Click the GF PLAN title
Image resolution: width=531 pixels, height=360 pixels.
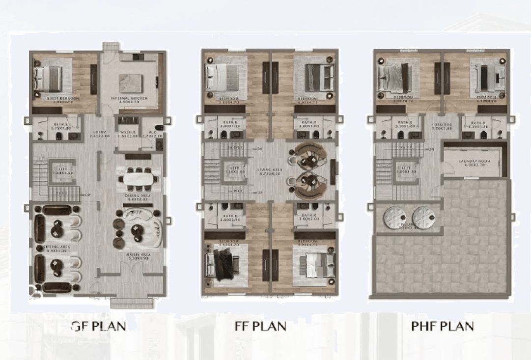[x=98, y=326]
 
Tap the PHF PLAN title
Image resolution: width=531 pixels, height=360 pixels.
[x=443, y=326]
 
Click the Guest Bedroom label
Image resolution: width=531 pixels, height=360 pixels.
[x=63, y=99]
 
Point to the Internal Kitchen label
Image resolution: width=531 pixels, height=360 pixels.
[x=131, y=99]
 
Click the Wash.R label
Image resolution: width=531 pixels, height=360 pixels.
[x=126, y=132]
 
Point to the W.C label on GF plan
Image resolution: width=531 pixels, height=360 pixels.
[x=152, y=132]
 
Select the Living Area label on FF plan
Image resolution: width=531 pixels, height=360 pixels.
[x=269, y=170]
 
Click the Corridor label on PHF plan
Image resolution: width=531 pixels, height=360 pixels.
[x=441, y=125]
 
